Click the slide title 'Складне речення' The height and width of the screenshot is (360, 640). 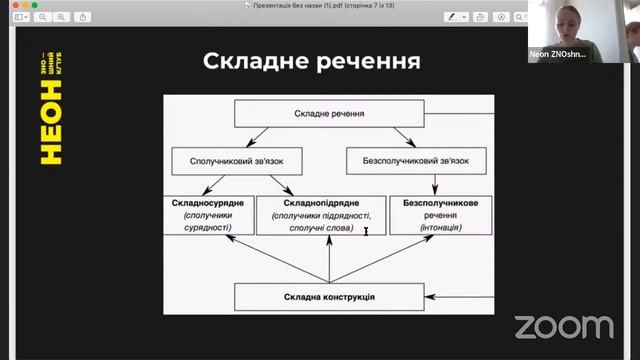(311, 61)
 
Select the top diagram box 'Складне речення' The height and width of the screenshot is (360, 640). (329, 115)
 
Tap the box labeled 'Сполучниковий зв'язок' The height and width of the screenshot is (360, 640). (236, 160)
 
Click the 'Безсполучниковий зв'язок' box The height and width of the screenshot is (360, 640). (417, 160)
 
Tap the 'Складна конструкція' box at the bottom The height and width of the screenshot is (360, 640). (328, 297)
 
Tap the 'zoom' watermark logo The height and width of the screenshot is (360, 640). (564, 326)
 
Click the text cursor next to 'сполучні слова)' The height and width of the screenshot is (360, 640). (366, 231)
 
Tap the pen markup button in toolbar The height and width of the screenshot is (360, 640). (451, 18)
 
